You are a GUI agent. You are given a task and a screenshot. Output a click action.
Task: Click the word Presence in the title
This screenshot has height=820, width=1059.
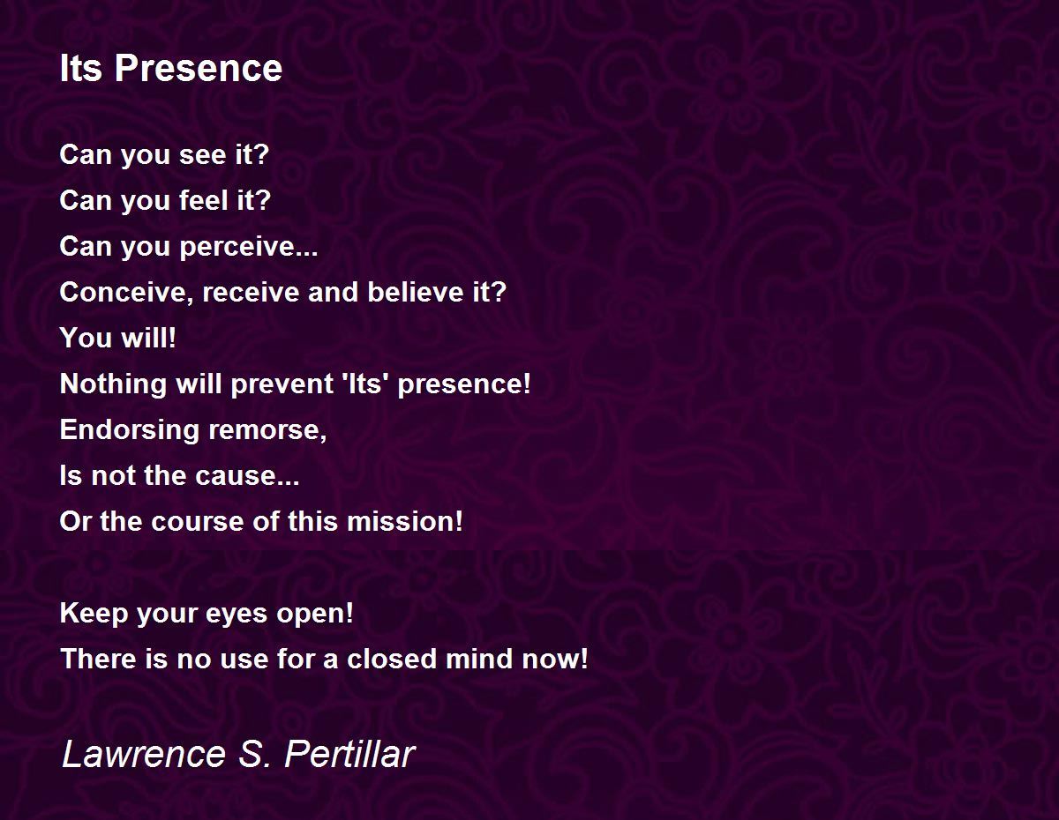[x=199, y=68]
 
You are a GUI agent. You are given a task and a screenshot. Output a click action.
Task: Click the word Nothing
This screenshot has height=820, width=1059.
[x=113, y=384]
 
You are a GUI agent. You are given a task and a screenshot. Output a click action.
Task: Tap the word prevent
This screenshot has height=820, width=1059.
[x=282, y=384]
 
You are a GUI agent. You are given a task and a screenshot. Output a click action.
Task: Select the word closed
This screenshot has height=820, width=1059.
[x=391, y=660]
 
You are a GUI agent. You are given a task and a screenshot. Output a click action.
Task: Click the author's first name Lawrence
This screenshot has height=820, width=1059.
[x=144, y=754]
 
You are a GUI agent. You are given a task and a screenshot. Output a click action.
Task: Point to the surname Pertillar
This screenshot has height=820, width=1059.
[x=349, y=754]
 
